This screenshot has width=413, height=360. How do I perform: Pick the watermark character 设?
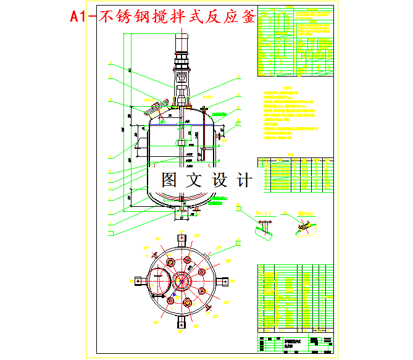coord(220,180)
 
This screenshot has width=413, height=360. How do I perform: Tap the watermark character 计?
coord(244,180)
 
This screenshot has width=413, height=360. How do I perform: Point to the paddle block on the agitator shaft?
coord(181,143)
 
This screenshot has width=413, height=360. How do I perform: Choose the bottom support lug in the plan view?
coord(182,322)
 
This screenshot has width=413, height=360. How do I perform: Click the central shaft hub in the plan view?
coord(182,282)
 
